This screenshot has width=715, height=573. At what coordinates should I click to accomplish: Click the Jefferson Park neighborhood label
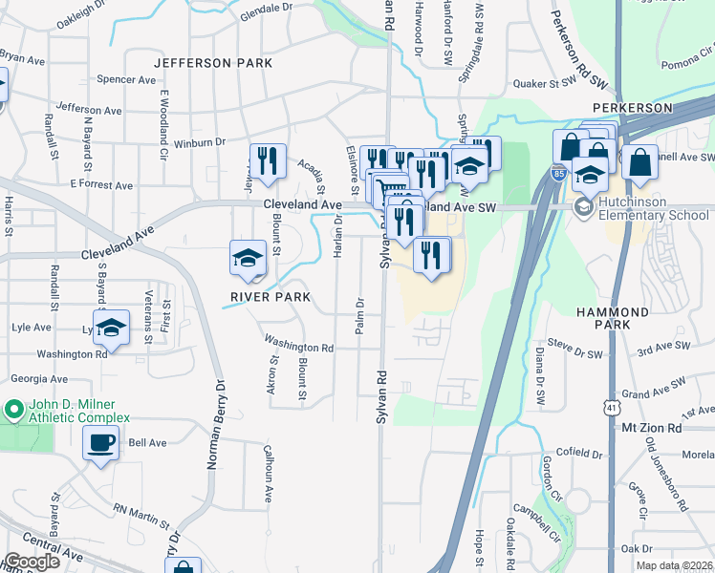click(214, 63)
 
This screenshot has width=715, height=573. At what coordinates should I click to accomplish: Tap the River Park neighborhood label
click(271, 297)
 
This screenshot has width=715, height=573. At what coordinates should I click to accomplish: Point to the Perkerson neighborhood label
click(632, 108)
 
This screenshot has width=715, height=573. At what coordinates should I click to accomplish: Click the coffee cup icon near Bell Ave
click(100, 443)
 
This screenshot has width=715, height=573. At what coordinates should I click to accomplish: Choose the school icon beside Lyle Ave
click(112, 329)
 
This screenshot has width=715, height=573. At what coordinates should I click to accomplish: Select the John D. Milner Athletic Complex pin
click(13, 411)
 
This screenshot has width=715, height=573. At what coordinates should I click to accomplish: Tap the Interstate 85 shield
click(559, 173)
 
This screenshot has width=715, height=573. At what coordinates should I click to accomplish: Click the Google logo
click(32, 562)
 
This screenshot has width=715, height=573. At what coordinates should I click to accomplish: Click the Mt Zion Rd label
click(651, 428)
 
